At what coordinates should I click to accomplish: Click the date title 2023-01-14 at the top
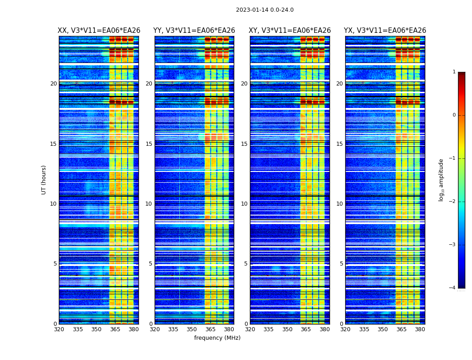tap(264, 10)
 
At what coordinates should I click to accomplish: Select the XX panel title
tap(99, 31)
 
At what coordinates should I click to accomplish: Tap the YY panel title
tap(194, 31)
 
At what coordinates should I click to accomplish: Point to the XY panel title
tap(290, 31)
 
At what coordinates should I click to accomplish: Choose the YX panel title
tap(385, 31)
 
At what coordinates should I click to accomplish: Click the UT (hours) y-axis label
tap(44, 180)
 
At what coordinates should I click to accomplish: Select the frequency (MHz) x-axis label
tap(217, 338)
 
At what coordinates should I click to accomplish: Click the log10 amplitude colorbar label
tap(441, 180)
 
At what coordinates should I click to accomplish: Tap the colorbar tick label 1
tap(454, 72)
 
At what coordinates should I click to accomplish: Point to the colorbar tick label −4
tap(453, 288)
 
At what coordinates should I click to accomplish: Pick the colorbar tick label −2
tap(453, 202)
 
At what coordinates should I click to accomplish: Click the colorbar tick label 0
tap(454, 115)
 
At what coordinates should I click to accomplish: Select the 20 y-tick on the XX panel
tap(53, 84)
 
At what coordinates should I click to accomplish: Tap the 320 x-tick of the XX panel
tap(59, 329)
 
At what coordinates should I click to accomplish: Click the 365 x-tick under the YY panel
tap(210, 329)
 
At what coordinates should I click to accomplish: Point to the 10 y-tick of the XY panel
tap(244, 204)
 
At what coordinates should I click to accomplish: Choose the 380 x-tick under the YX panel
tap(420, 329)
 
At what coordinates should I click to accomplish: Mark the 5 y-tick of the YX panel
tap(341, 264)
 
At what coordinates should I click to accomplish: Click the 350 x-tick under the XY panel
tap(287, 329)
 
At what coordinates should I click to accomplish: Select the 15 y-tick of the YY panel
tap(149, 144)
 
